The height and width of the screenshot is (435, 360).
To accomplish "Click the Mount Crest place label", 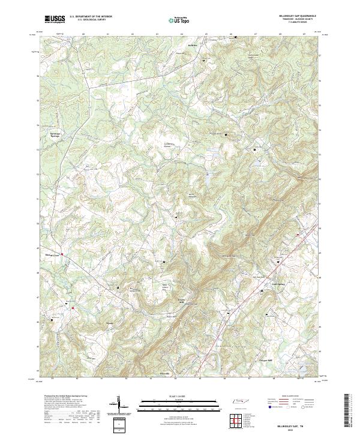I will (53, 256).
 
